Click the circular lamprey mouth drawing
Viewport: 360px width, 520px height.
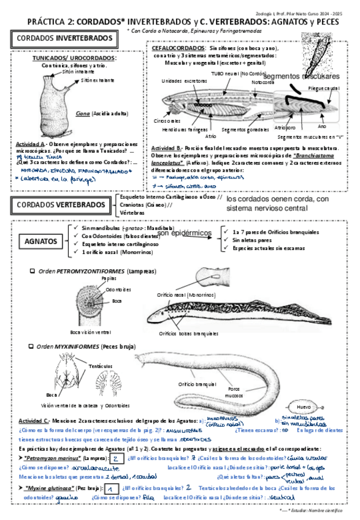pos(82,304)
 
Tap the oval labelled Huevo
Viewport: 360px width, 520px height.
pos(304,407)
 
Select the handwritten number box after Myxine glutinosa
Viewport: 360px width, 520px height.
pos(109,489)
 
